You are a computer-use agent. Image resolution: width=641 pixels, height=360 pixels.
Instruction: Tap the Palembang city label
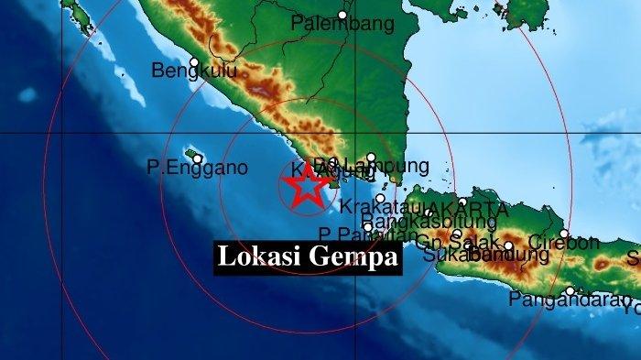342,26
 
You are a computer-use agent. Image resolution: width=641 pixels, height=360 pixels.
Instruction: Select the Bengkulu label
194,71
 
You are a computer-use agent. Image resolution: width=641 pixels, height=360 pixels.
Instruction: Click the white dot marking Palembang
342,15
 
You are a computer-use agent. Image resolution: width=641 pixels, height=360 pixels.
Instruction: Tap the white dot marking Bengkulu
194,62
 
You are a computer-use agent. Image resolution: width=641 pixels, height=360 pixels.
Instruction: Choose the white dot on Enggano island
197,158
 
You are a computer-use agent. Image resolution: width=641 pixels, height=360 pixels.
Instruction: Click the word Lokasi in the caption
251,258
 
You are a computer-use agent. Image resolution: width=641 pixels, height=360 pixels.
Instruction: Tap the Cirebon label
568,243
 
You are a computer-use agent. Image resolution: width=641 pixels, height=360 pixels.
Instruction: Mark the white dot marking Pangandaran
570,291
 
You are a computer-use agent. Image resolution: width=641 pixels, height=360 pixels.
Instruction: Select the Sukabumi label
458,255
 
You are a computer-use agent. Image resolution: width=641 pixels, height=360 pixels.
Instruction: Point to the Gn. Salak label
451,242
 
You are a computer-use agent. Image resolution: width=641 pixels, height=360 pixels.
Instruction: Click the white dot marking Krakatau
380,198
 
